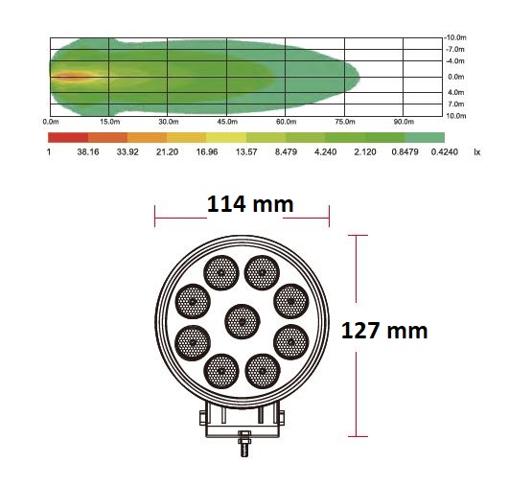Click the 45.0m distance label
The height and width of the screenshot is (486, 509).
[227, 122]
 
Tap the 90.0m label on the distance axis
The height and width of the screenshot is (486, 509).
[404, 122]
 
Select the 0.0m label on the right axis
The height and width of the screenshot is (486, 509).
[456, 77]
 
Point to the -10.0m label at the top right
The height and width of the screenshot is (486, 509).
[455, 37]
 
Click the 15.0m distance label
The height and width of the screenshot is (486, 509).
[109, 122]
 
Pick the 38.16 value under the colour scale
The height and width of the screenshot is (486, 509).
[88, 152]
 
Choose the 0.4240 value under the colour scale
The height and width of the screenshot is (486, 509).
[445, 152]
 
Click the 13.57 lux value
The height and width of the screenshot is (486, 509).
[246, 152]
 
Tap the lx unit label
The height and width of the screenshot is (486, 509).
[476, 152]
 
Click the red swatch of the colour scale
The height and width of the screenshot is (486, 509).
[68, 137]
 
